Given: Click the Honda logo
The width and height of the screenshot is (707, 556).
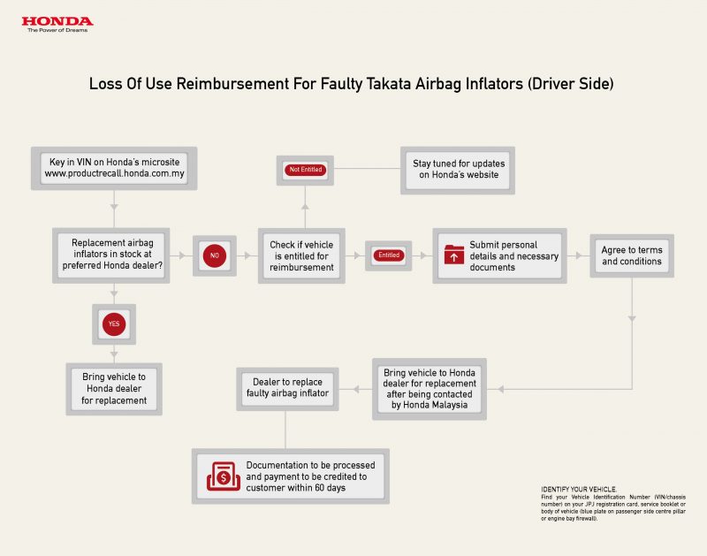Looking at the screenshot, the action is coord(57,24).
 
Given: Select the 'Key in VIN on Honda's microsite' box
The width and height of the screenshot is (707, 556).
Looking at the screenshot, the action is coord(114,168).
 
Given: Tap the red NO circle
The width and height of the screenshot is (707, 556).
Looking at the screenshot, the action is coord(215,255).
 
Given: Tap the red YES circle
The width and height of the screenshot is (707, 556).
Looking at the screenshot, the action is coord(114,324).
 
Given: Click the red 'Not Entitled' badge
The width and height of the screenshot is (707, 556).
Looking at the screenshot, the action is coord(305,170).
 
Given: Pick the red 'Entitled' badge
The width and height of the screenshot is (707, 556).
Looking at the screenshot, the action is coord(389,255).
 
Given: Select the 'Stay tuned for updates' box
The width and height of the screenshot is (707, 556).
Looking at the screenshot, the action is coord(458,170).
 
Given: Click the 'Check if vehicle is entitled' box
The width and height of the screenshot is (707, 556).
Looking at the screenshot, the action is coord(301,255).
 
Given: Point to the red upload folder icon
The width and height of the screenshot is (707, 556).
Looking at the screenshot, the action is coord(454,255).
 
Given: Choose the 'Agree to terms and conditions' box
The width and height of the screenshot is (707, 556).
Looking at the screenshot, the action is coord(632,255).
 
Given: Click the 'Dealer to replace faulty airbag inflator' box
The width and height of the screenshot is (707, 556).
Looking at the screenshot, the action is coord(287,389).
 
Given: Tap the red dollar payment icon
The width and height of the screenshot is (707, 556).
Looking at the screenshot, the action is coord(224,476).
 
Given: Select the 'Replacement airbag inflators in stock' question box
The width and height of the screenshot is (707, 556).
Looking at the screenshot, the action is coord(111,255).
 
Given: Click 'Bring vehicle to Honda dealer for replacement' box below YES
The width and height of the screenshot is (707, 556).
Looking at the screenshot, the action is coord(114,389).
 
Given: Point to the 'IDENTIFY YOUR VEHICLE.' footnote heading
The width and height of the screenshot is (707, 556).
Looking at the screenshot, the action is coord(579,489).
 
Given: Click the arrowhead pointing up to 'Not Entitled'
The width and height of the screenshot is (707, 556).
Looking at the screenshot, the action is coord(305,206).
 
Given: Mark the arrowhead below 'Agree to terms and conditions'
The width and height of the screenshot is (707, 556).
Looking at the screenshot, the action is coord(632,319).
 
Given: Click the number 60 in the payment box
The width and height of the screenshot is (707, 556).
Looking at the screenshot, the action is coord(319,488).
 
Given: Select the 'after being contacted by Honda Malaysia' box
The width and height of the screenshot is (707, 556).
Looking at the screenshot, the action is coord(430,389).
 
